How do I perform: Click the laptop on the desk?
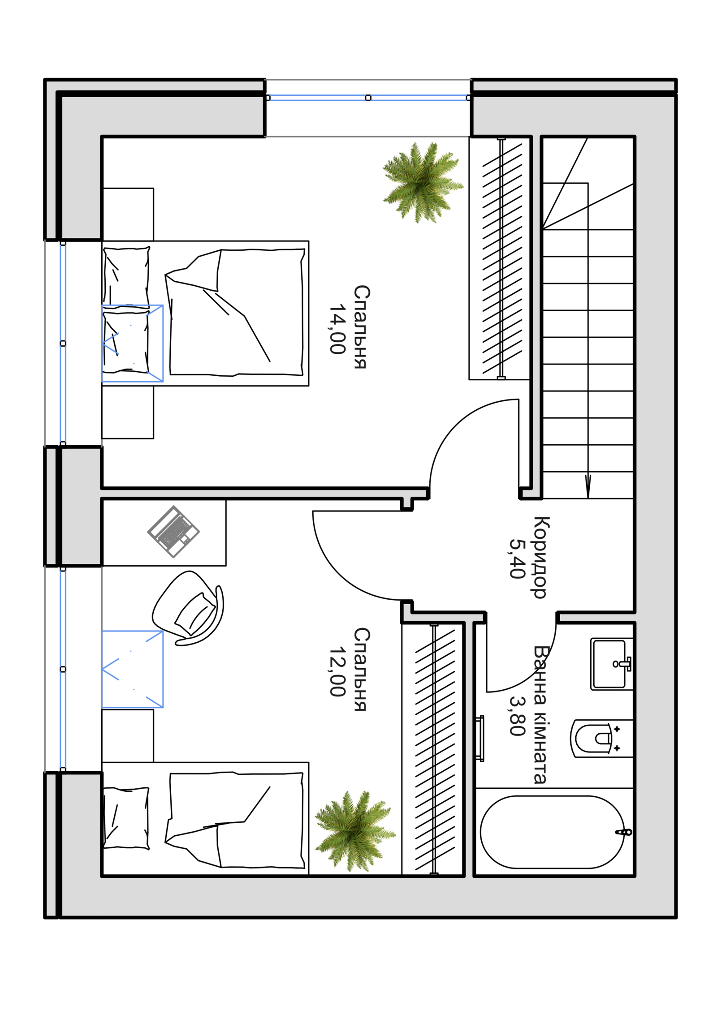[173, 532]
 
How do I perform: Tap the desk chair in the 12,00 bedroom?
[188, 608]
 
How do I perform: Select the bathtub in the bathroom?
[552, 832]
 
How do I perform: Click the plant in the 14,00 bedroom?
[422, 182]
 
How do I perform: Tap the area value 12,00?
[337, 672]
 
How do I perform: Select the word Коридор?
[540, 558]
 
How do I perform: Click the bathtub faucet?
[624, 832]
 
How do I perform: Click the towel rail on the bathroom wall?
[480, 739]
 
